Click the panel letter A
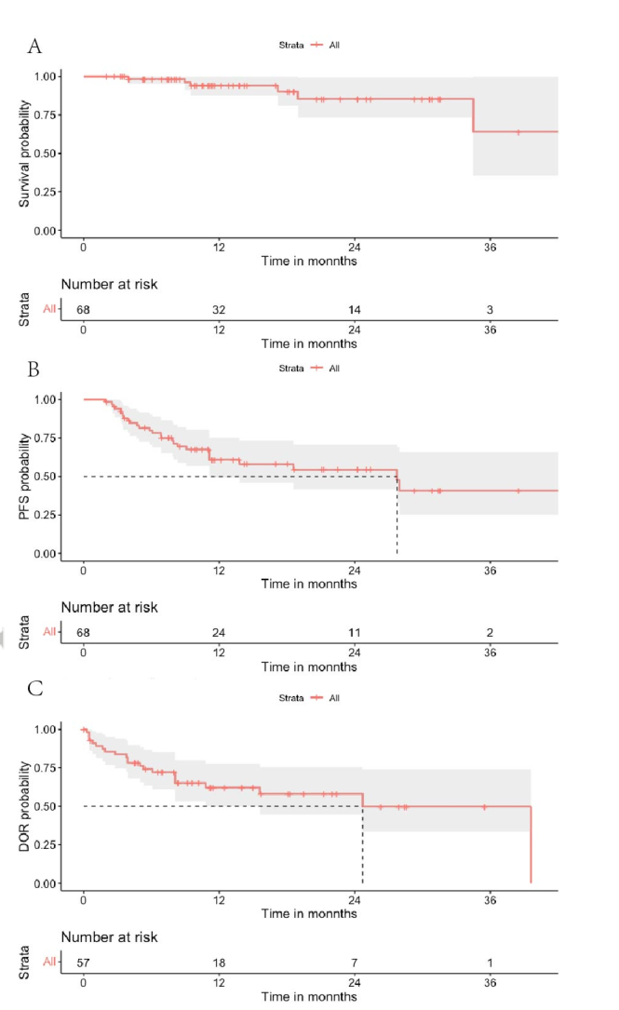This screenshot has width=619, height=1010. [x=34, y=46]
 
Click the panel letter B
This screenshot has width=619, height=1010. [x=34, y=370]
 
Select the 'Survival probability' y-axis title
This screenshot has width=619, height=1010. [x=27, y=154]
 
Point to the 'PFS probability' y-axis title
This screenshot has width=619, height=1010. [x=27, y=477]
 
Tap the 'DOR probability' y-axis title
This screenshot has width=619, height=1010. [x=27, y=806]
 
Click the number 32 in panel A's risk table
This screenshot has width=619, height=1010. [x=219, y=309]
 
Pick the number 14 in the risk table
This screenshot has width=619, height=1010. [x=355, y=309]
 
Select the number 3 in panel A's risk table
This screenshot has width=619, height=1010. [x=491, y=309]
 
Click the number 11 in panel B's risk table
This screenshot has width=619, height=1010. [x=355, y=632]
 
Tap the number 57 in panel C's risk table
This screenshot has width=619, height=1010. [x=84, y=963]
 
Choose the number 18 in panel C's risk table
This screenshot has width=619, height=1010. [x=219, y=963]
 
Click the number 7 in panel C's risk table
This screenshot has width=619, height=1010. [x=355, y=963]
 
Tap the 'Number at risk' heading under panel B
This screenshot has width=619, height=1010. [x=109, y=607]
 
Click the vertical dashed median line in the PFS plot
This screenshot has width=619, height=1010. [x=397, y=521]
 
